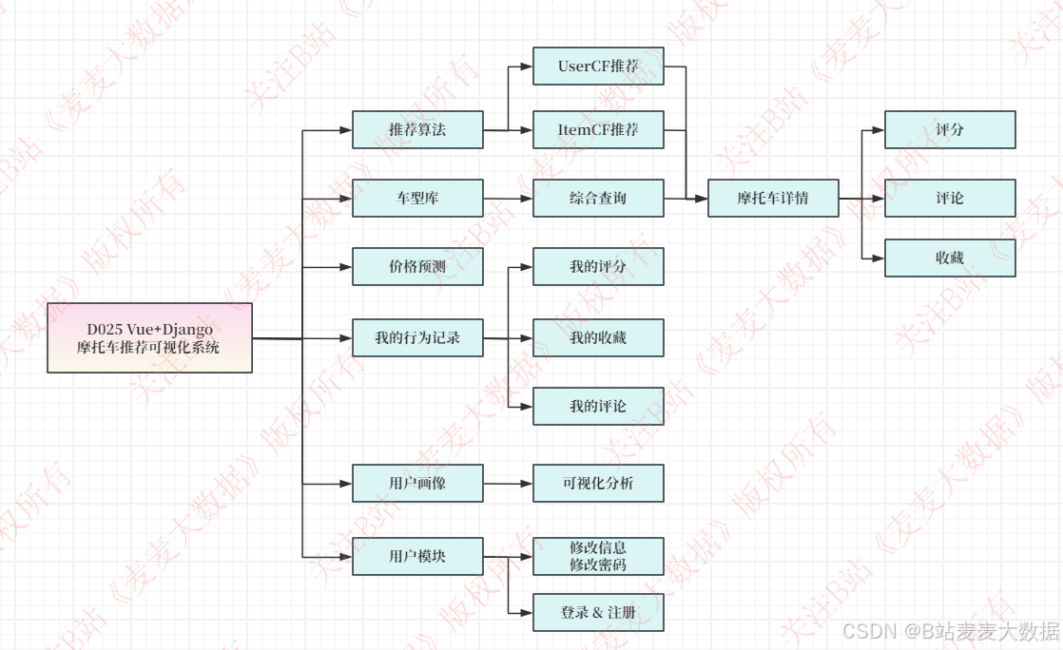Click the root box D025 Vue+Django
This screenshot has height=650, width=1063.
[x=149, y=337]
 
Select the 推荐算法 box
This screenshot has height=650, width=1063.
[x=417, y=129]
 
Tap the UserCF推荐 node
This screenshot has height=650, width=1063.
[x=598, y=67]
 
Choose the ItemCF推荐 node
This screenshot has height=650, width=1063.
[x=598, y=129]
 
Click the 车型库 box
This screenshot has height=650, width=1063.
[x=417, y=198]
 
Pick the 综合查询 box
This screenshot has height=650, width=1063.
[x=598, y=198]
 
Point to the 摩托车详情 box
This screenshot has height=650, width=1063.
[x=773, y=198]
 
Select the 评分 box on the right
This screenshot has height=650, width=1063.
[x=950, y=129]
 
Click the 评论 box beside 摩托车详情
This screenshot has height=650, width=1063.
[x=950, y=198]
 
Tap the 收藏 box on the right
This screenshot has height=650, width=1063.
[x=950, y=258]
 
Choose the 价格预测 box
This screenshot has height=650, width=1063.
[x=417, y=266]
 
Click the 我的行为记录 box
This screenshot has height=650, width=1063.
[x=417, y=337]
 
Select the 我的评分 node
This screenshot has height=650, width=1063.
[x=598, y=266]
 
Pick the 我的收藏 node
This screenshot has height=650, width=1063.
[x=598, y=337]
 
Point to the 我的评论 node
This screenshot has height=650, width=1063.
[x=598, y=406]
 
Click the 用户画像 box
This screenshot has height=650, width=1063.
[x=417, y=483]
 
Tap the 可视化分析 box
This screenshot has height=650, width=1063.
[x=598, y=483]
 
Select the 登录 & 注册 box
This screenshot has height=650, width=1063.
[x=598, y=613]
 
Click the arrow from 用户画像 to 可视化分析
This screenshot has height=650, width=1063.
[x=508, y=484]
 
